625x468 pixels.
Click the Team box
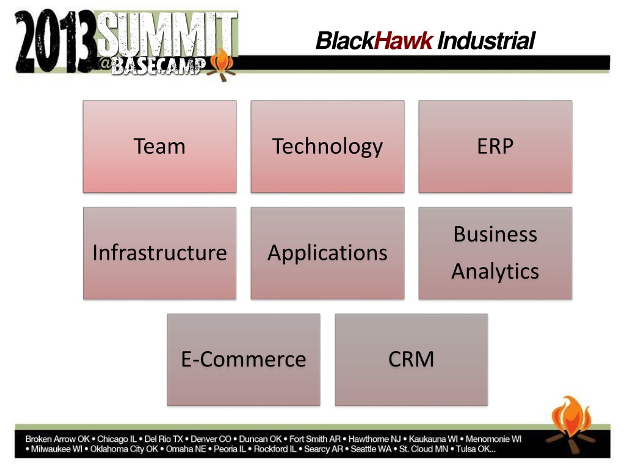point(160,146)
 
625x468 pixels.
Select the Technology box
point(327,146)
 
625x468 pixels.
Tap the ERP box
point(495,146)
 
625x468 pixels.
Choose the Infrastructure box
point(160,253)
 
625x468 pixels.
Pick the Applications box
point(327,253)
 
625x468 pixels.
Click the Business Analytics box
point(495,253)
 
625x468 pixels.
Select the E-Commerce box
point(244,360)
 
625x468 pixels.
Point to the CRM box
point(411,360)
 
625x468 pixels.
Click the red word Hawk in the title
point(404,41)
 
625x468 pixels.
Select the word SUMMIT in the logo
point(167,34)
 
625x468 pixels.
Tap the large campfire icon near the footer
point(571,425)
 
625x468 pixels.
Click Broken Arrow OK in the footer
point(57,439)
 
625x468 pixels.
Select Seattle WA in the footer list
point(371,449)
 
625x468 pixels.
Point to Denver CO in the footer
point(211,439)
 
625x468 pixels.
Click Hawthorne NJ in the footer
point(375,439)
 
